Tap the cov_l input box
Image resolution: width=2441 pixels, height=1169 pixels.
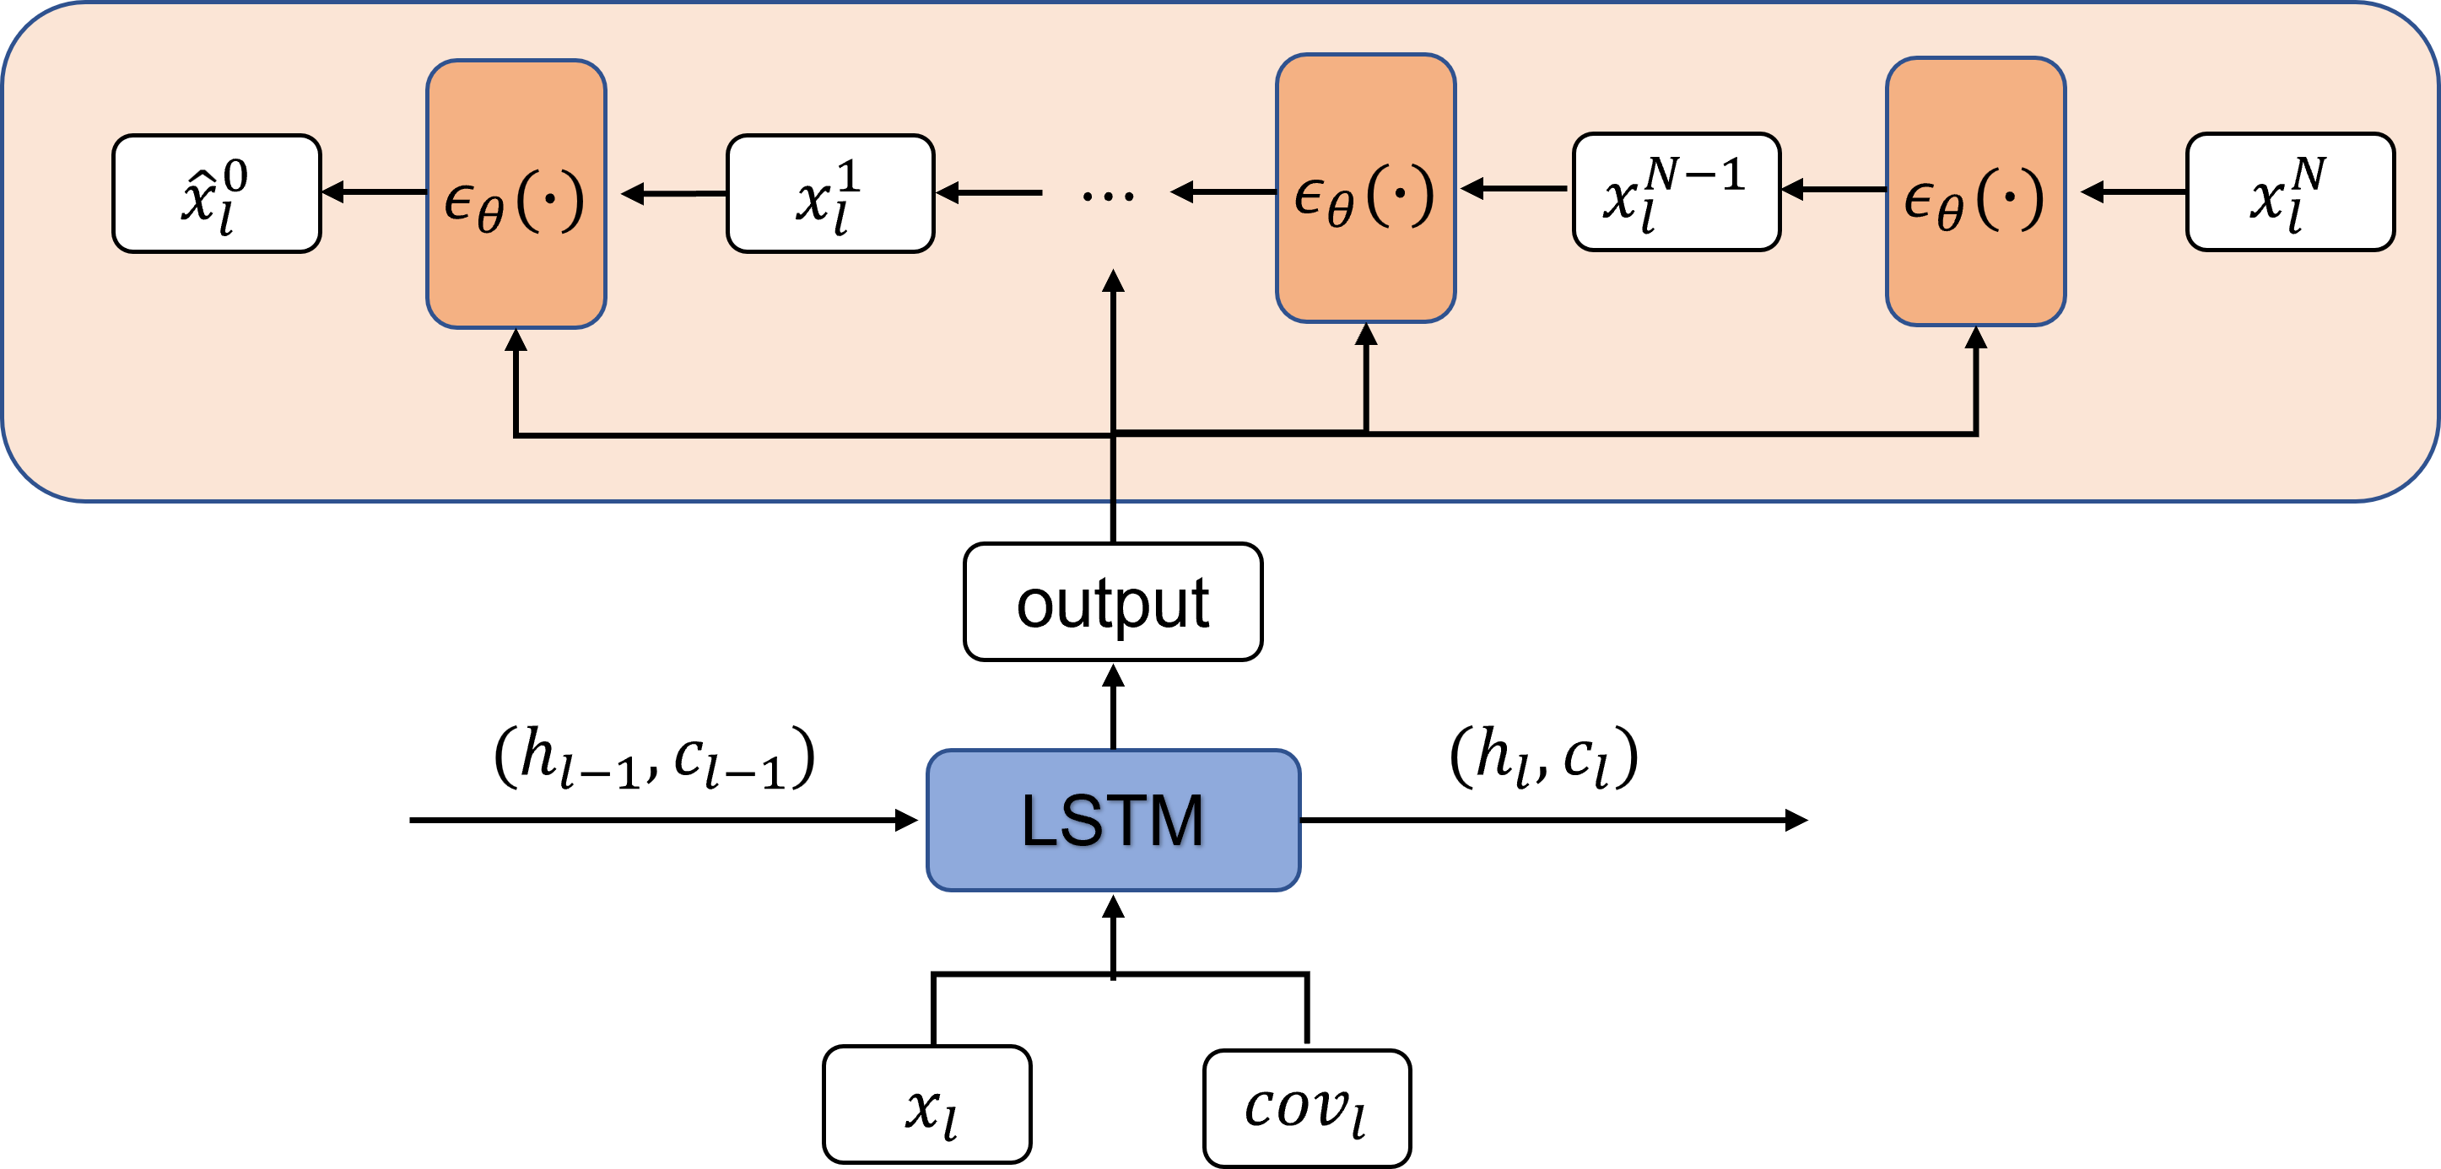point(1306,1107)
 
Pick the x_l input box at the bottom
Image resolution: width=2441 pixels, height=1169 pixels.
point(926,1105)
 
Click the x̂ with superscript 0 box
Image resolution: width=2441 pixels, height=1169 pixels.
point(216,193)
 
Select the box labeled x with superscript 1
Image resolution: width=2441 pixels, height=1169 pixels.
point(830,193)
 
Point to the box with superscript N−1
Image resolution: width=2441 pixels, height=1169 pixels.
point(1676,191)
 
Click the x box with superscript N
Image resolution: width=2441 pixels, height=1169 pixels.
point(2289,191)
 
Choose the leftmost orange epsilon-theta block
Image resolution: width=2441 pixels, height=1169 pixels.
point(516,193)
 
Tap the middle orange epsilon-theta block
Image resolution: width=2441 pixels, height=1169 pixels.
point(1364,187)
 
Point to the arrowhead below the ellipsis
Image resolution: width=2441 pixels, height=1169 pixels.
point(1114,282)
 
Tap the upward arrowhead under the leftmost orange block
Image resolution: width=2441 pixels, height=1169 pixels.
point(516,340)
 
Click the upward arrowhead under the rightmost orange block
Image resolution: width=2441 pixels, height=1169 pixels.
point(1976,338)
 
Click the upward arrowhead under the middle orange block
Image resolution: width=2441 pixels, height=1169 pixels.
point(1365,334)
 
